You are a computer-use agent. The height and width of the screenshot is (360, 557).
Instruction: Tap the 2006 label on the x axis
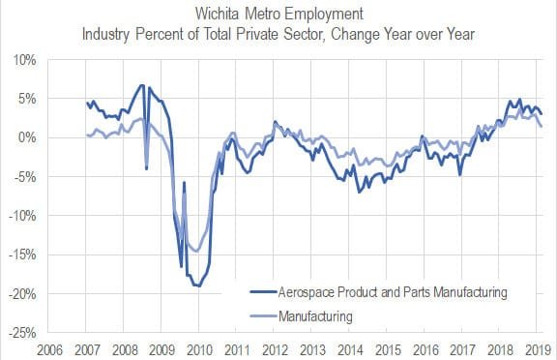click(x=51, y=347)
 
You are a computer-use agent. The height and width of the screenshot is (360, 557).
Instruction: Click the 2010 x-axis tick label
click(x=198, y=347)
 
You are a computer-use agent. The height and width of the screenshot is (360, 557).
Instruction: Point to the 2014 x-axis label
click(x=348, y=347)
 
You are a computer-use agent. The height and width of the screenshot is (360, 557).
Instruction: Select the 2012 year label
click(x=274, y=347)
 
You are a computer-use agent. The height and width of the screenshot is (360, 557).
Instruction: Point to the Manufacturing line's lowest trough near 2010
click(x=196, y=251)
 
